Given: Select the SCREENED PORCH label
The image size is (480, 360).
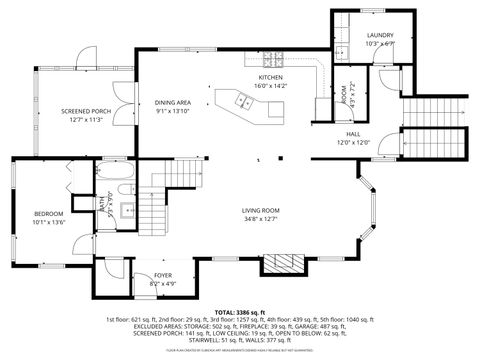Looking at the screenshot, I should point(85,111).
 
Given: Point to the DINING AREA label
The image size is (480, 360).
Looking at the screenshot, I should point(173,102).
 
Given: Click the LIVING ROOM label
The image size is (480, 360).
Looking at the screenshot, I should point(260,210).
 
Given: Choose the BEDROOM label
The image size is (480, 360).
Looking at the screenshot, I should point(48,214).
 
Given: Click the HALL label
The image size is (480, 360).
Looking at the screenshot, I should point(353,133).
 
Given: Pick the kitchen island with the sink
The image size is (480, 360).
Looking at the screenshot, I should point(240,100).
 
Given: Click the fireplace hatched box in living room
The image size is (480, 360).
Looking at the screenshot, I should point(280,264).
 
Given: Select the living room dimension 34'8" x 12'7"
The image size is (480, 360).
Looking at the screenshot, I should point(260,218).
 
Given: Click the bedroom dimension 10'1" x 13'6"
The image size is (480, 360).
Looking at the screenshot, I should point(48,222).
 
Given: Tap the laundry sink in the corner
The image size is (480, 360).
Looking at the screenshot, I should point(341,51).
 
